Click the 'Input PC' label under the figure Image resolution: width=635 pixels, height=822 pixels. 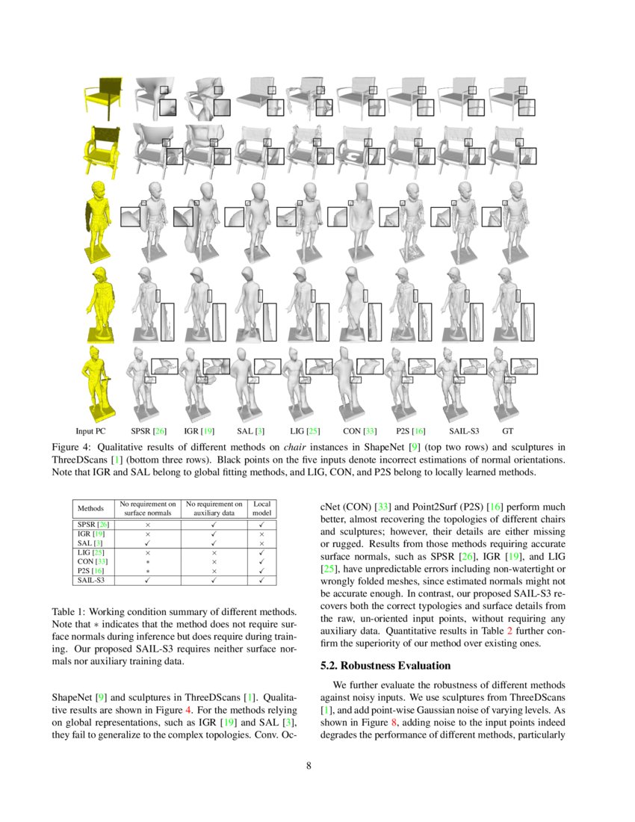point(90,431)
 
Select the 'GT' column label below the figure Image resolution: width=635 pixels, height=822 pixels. point(508,431)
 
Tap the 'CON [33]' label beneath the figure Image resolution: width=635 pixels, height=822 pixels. point(358,431)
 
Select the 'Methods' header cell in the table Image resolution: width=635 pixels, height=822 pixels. point(91,508)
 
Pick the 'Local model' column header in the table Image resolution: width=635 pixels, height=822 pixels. point(261,508)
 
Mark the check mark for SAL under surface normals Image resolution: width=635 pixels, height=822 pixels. point(148,543)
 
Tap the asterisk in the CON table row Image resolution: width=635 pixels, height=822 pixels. point(148,560)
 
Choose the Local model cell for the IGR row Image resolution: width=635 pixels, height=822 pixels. point(261,534)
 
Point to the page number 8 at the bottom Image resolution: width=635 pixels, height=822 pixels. point(317,765)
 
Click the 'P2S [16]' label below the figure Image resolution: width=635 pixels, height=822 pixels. point(410,431)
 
